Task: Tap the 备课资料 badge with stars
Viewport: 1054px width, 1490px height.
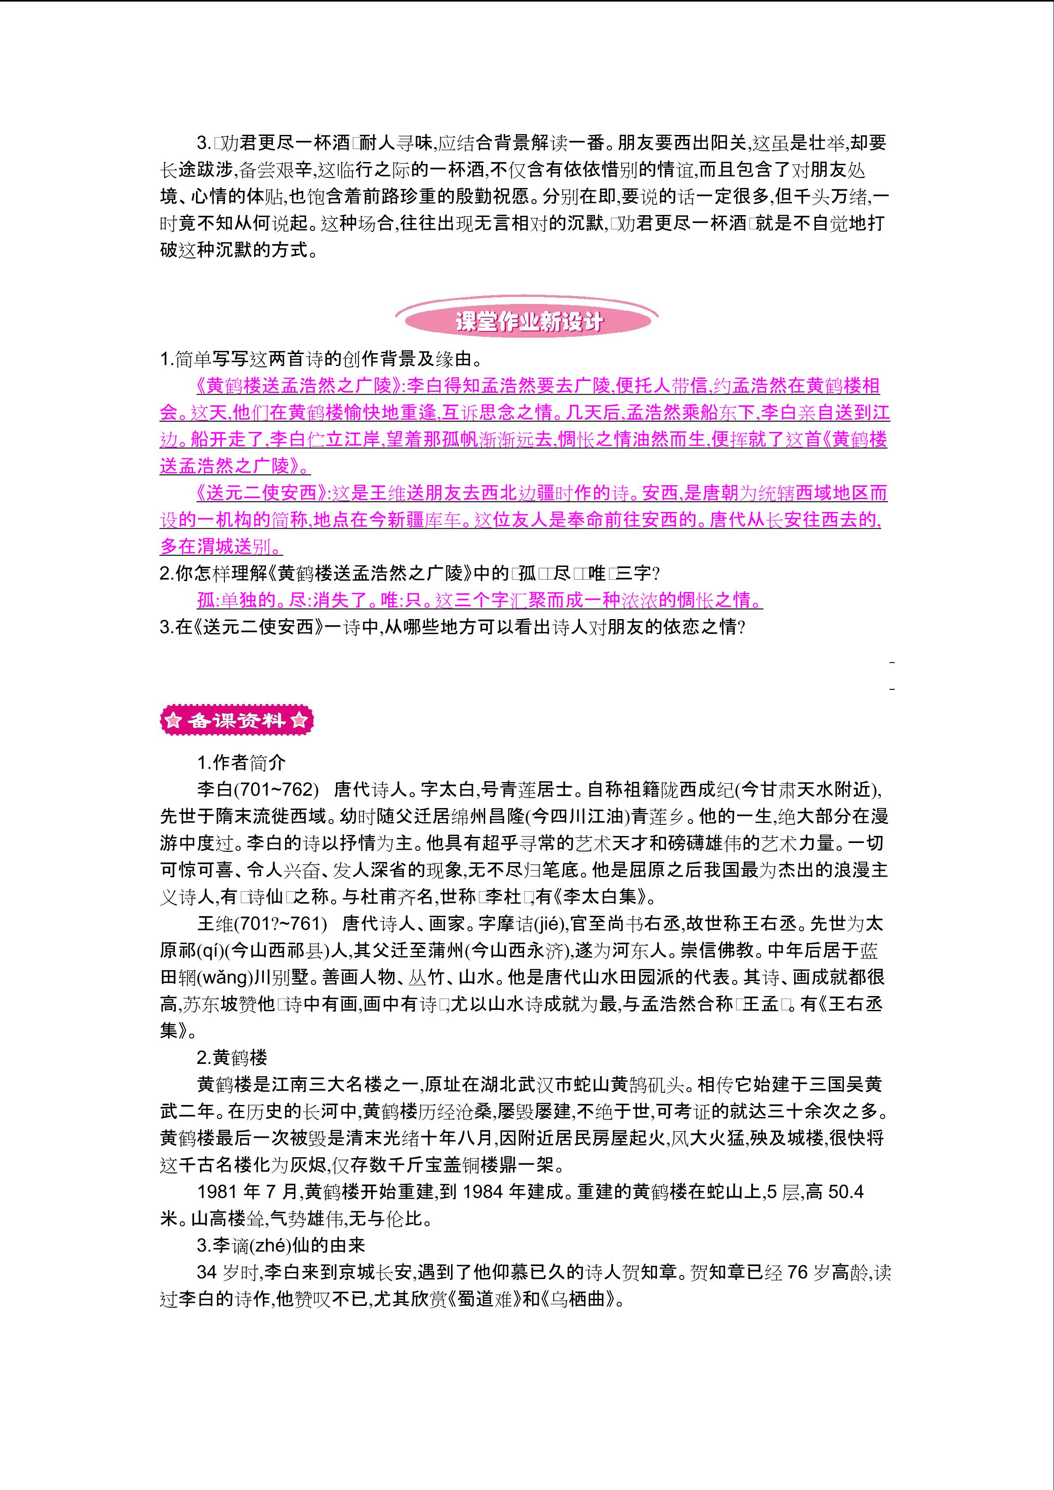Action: (236, 720)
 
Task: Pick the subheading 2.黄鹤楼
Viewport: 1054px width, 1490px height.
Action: (232, 1058)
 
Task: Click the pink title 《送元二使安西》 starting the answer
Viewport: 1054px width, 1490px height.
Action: (263, 493)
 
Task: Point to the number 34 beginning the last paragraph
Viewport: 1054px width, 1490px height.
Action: (207, 1273)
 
